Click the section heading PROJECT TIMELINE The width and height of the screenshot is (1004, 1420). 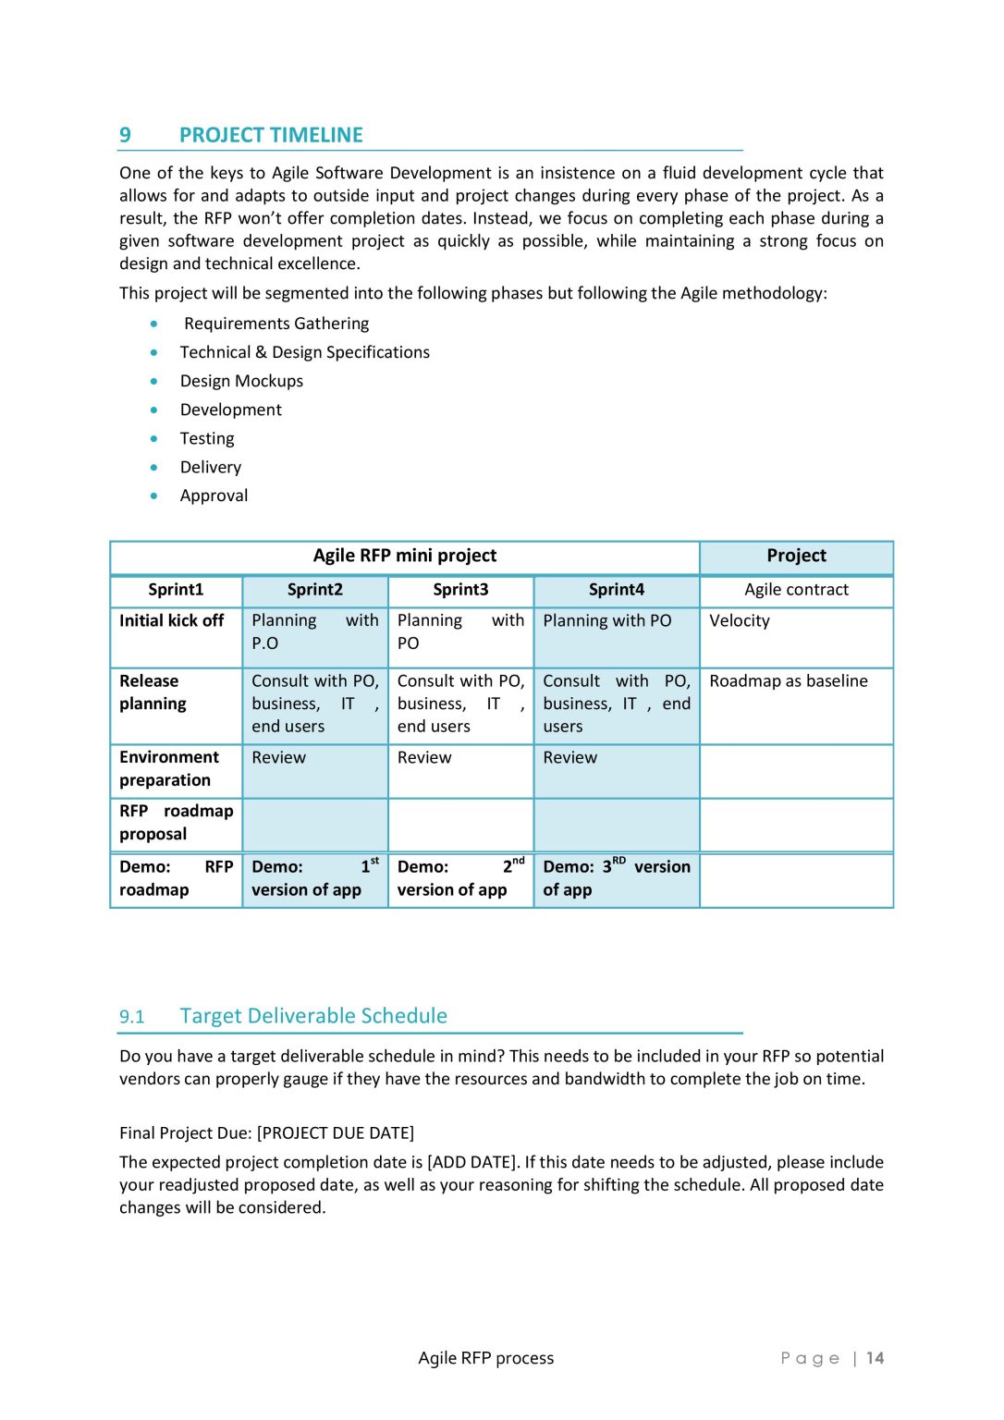coord(271,135)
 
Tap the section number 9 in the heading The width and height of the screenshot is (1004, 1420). coord(125,135)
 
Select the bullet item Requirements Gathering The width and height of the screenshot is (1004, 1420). coord(275,324)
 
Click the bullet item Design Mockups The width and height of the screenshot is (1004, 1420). coord(241,381)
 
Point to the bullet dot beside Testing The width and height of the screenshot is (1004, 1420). coord(154,438)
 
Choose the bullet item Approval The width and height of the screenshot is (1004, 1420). coord(214,496)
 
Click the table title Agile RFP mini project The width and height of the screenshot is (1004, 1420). coord(404,556)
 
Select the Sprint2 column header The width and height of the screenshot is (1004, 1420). coord(314,590)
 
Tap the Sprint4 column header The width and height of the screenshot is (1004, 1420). coord(616,590)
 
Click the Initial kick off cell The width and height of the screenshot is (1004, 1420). coord(172,621)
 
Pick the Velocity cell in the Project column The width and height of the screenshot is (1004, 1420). coord(739,621)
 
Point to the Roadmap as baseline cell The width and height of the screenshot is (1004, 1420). coord(788,681)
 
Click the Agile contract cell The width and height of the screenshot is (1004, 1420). coord(796,590)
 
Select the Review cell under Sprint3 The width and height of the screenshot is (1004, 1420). coord(424,758)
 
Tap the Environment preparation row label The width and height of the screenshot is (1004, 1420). coord(169,768)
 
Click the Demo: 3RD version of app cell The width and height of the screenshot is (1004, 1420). coord(616,878)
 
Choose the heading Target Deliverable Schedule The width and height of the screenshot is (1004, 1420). coord(313,1016)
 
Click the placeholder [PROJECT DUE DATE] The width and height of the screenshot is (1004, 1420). coord(336,1133)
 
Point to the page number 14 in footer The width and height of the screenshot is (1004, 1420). coord(875,1358)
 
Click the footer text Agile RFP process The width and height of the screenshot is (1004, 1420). coord(485,1358)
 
